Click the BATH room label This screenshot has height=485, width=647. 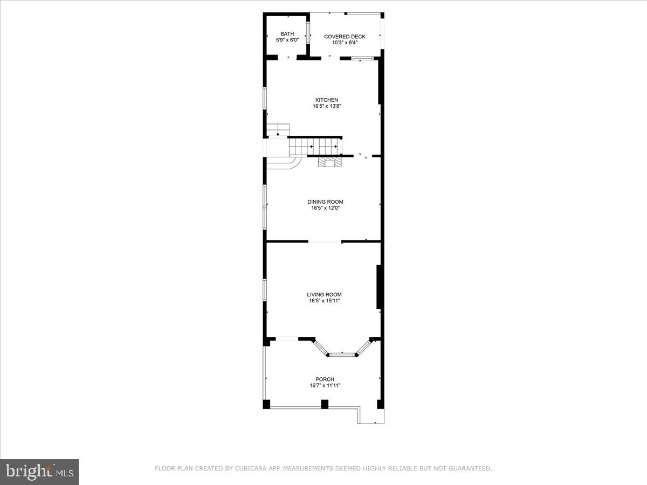tap(287, 33)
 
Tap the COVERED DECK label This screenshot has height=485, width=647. tap(345, 37)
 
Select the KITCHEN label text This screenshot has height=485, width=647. tap(327, 100)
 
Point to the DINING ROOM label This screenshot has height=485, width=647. tap(325, 202)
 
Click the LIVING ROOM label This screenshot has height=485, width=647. tap(325, 295)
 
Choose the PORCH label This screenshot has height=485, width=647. tap(325, 379)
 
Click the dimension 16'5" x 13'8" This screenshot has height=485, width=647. tap(327, 106)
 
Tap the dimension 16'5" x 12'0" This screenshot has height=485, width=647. tap(325, 208)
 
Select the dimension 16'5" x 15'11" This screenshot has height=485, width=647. tap(325, 301)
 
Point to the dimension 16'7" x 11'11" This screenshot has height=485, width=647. tap(325, 385)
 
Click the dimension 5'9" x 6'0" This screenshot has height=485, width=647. tap(287, 40)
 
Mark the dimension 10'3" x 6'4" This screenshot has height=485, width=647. tap(345, 43)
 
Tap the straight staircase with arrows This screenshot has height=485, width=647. tap(314, 147)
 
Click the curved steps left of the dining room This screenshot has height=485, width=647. tap(284, 162)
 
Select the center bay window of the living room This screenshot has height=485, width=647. tap(343, 354)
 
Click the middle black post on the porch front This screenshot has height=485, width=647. tap(325, 404)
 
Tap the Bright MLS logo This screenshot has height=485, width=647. tap(39, 472)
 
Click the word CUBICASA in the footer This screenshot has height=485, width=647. tap(249, 469)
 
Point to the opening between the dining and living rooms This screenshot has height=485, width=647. tap(325, 242)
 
